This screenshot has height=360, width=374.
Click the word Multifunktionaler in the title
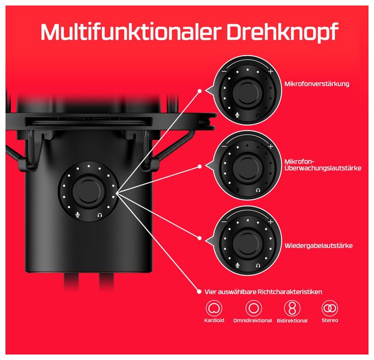[130, 31]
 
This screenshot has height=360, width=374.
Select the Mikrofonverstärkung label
[317, 84]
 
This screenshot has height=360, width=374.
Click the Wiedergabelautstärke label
[318, 246]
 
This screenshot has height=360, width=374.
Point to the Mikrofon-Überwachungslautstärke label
[323, 165]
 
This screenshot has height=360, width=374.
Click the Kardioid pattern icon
[214, 308]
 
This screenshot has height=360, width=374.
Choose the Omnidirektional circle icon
[254, 308]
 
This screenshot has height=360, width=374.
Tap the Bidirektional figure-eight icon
[292, 308]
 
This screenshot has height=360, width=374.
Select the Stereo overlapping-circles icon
[329, 308]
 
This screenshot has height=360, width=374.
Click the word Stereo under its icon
[329, 320]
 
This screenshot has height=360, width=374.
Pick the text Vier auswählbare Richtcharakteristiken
[263, 292]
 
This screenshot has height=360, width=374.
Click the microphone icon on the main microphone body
[78, 215]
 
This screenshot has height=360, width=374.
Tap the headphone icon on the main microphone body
[100, 215]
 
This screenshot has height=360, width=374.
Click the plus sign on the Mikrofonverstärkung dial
[271, 71]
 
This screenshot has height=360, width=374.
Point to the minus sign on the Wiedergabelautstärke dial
[224, 222]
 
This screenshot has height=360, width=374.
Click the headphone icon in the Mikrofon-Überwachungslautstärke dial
[257, 190]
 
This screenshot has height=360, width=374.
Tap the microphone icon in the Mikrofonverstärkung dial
[237, 115]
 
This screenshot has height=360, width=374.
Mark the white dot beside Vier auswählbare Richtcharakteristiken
[199, 292]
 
